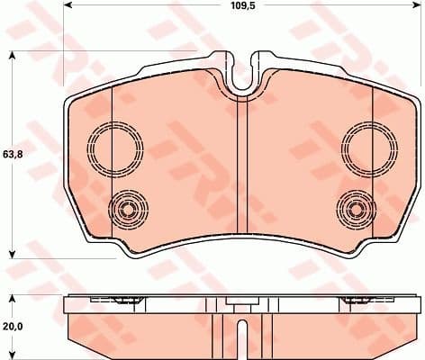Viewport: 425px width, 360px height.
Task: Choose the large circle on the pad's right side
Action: click(x=366, y=144)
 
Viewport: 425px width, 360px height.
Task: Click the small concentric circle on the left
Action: click(x=126, y=211)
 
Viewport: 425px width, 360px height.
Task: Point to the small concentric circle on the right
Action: click(x=355, y=211)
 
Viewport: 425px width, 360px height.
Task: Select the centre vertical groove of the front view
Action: click(x=240, y=171)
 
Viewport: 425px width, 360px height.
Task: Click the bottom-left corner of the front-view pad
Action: click(x=86, y=240)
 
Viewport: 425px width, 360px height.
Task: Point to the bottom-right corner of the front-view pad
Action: click(x=396, y=240)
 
